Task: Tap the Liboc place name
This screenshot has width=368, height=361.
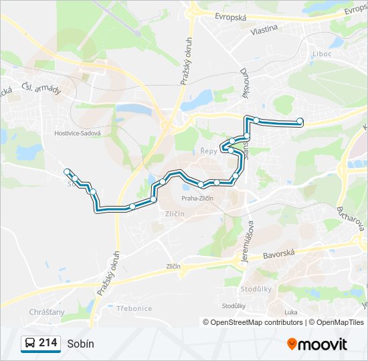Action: pyautogui.click(x=322, y=53)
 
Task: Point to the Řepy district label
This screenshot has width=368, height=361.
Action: pyautogui.click(x=209, y=151)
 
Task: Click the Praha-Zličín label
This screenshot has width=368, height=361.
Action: pyautogui.click(x=197, y=198)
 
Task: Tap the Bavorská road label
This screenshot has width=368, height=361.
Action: pyautogui.click(x=280, y=254)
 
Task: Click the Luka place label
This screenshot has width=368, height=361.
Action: pyautogui.click(x=290, y=312)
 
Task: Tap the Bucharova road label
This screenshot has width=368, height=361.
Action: pyautogui.click(x=349, y=213)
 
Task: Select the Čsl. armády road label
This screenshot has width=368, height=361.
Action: pyautogui.click(x=41, y=87)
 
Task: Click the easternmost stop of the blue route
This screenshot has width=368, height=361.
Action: pyautogui.click(x=300, y=121)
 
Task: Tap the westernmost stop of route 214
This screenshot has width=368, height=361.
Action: pyautogui.click(x=67, y=172)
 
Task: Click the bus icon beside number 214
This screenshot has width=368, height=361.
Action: pyautogui.click(x=29, y=344)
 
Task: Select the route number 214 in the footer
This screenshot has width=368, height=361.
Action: pyautogui.click(x=48, y=343)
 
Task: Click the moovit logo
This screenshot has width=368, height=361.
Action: pyautogui.click(x=317, y=344)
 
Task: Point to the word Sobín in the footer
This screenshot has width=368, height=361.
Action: pyautogui.click(x=80, y=344)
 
